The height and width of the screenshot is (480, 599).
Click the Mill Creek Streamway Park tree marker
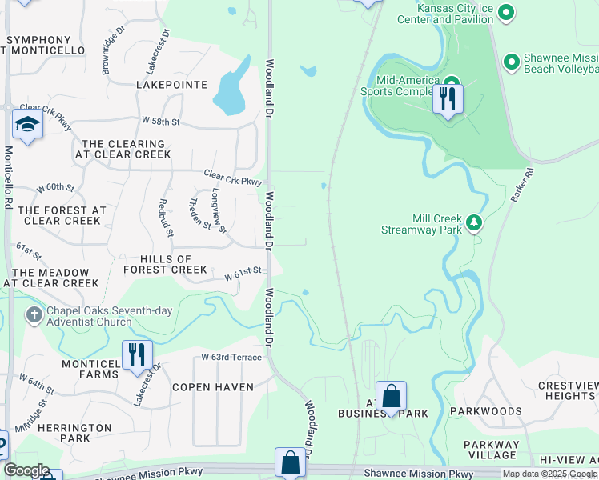[x=474, y=222]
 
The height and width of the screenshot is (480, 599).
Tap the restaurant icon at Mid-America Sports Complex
[x=448, y=99]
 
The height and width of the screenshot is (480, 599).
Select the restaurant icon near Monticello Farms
[x=137, y=355]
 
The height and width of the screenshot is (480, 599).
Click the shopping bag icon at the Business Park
[x=391, y=397]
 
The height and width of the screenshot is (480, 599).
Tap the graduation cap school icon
[x=26, y=126]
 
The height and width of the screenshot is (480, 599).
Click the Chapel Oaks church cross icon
[x=34, y=314]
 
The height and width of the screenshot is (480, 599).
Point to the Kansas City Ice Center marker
[x=505, y=13]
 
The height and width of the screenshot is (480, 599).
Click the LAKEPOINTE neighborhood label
[x=171, y=85]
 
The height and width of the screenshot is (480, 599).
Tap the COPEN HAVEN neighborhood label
[x=213, y=387]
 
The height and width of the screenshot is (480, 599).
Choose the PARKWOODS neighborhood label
[x=485, y=411]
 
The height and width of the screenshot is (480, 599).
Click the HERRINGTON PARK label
[x=74, y=433]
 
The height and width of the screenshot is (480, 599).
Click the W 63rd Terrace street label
[x=231, y=357]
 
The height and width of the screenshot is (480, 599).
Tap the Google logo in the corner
[x=26, y=470]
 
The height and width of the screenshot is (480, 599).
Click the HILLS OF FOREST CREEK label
[x=166, y=265]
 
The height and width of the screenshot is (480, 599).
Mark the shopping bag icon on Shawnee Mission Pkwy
[x=289, y=463]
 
